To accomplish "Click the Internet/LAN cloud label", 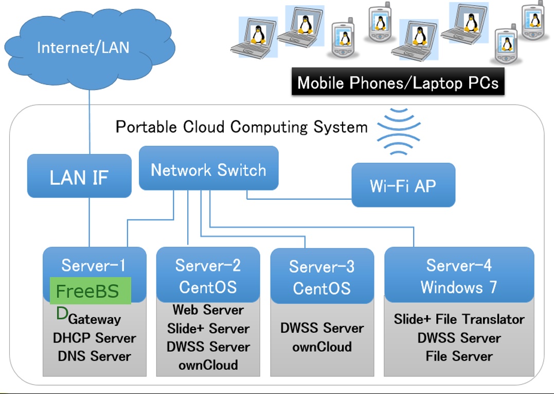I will point(83,48).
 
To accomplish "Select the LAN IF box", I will point(79,176).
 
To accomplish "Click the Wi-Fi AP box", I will point(403,185).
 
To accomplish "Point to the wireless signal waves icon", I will point(399,132).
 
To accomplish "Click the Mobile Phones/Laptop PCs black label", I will point(398,82).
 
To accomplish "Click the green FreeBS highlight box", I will point(91,291).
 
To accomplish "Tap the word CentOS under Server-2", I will point(208,287).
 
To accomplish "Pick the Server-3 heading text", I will point(321,266).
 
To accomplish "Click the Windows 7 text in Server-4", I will point(459,287).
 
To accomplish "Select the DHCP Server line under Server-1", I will point(95,338).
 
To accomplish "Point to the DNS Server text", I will point(95,356).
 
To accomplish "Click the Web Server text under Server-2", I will point(208,310).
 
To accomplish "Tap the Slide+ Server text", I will point(208,329).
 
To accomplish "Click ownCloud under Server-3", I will point(321,347).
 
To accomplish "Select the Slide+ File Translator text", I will point(459,319).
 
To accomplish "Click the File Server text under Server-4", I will point(459,356).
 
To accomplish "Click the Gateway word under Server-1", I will point(95,319).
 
